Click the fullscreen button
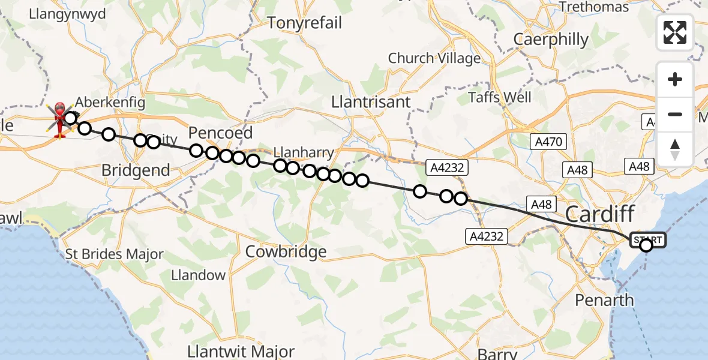point(675,32)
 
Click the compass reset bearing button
point(675,149)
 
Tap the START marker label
point(647,240)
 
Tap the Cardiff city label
point(600,213)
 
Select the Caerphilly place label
point(551,40)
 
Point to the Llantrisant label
point(371,102)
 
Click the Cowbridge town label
point(286,251)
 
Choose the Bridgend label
point(136,170)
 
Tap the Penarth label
point(604,299)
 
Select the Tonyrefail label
point(304,23)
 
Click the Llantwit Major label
point(241,352)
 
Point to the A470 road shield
point(547,142)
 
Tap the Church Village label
point(434,58)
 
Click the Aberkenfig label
point(110,102)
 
